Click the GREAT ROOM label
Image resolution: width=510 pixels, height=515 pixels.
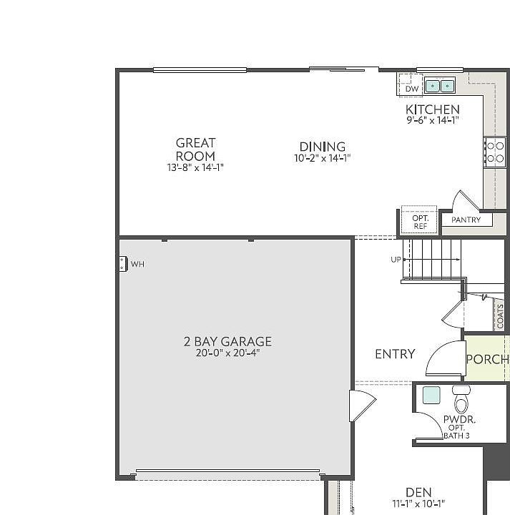click(x=195, y=149)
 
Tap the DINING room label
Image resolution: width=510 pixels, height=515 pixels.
click(x=322, y=147)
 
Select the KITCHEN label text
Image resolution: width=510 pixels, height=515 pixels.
click(x=432, y=109)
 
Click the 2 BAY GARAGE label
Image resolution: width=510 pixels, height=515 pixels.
click(x=227, y=342)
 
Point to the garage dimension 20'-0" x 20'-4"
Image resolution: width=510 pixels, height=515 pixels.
click(x=227, y=353)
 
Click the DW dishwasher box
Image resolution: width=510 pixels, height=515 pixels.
click(x=411, y=89)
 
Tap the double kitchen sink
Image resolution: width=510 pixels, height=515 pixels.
click(x=440, y=87)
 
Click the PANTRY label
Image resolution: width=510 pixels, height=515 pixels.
click(x=466, y=220)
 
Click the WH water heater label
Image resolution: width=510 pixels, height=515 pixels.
click(x=137, y=265)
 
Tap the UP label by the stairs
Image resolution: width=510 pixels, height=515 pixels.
click(x=396, y=260)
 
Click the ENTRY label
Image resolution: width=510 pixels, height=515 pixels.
click(x=395, y=354)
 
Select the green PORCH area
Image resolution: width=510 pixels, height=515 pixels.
click(x=486, y=359)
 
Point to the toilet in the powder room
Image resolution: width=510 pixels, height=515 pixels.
click(x=461, y=398)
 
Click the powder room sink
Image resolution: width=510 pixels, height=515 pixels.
click(x=431, y=396)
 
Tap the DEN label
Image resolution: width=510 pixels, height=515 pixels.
click(x=418, y=492)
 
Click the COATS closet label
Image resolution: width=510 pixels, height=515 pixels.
click(x=500, y=316)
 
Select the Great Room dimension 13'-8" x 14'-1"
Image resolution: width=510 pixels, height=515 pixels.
click(x=195, y=167)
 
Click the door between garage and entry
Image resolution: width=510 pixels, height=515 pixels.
click(x=361, y=406)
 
